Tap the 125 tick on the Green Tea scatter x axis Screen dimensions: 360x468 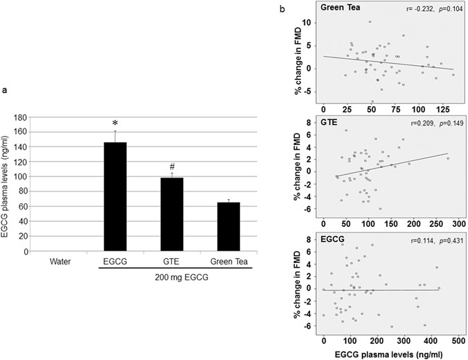tap(442, 110)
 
